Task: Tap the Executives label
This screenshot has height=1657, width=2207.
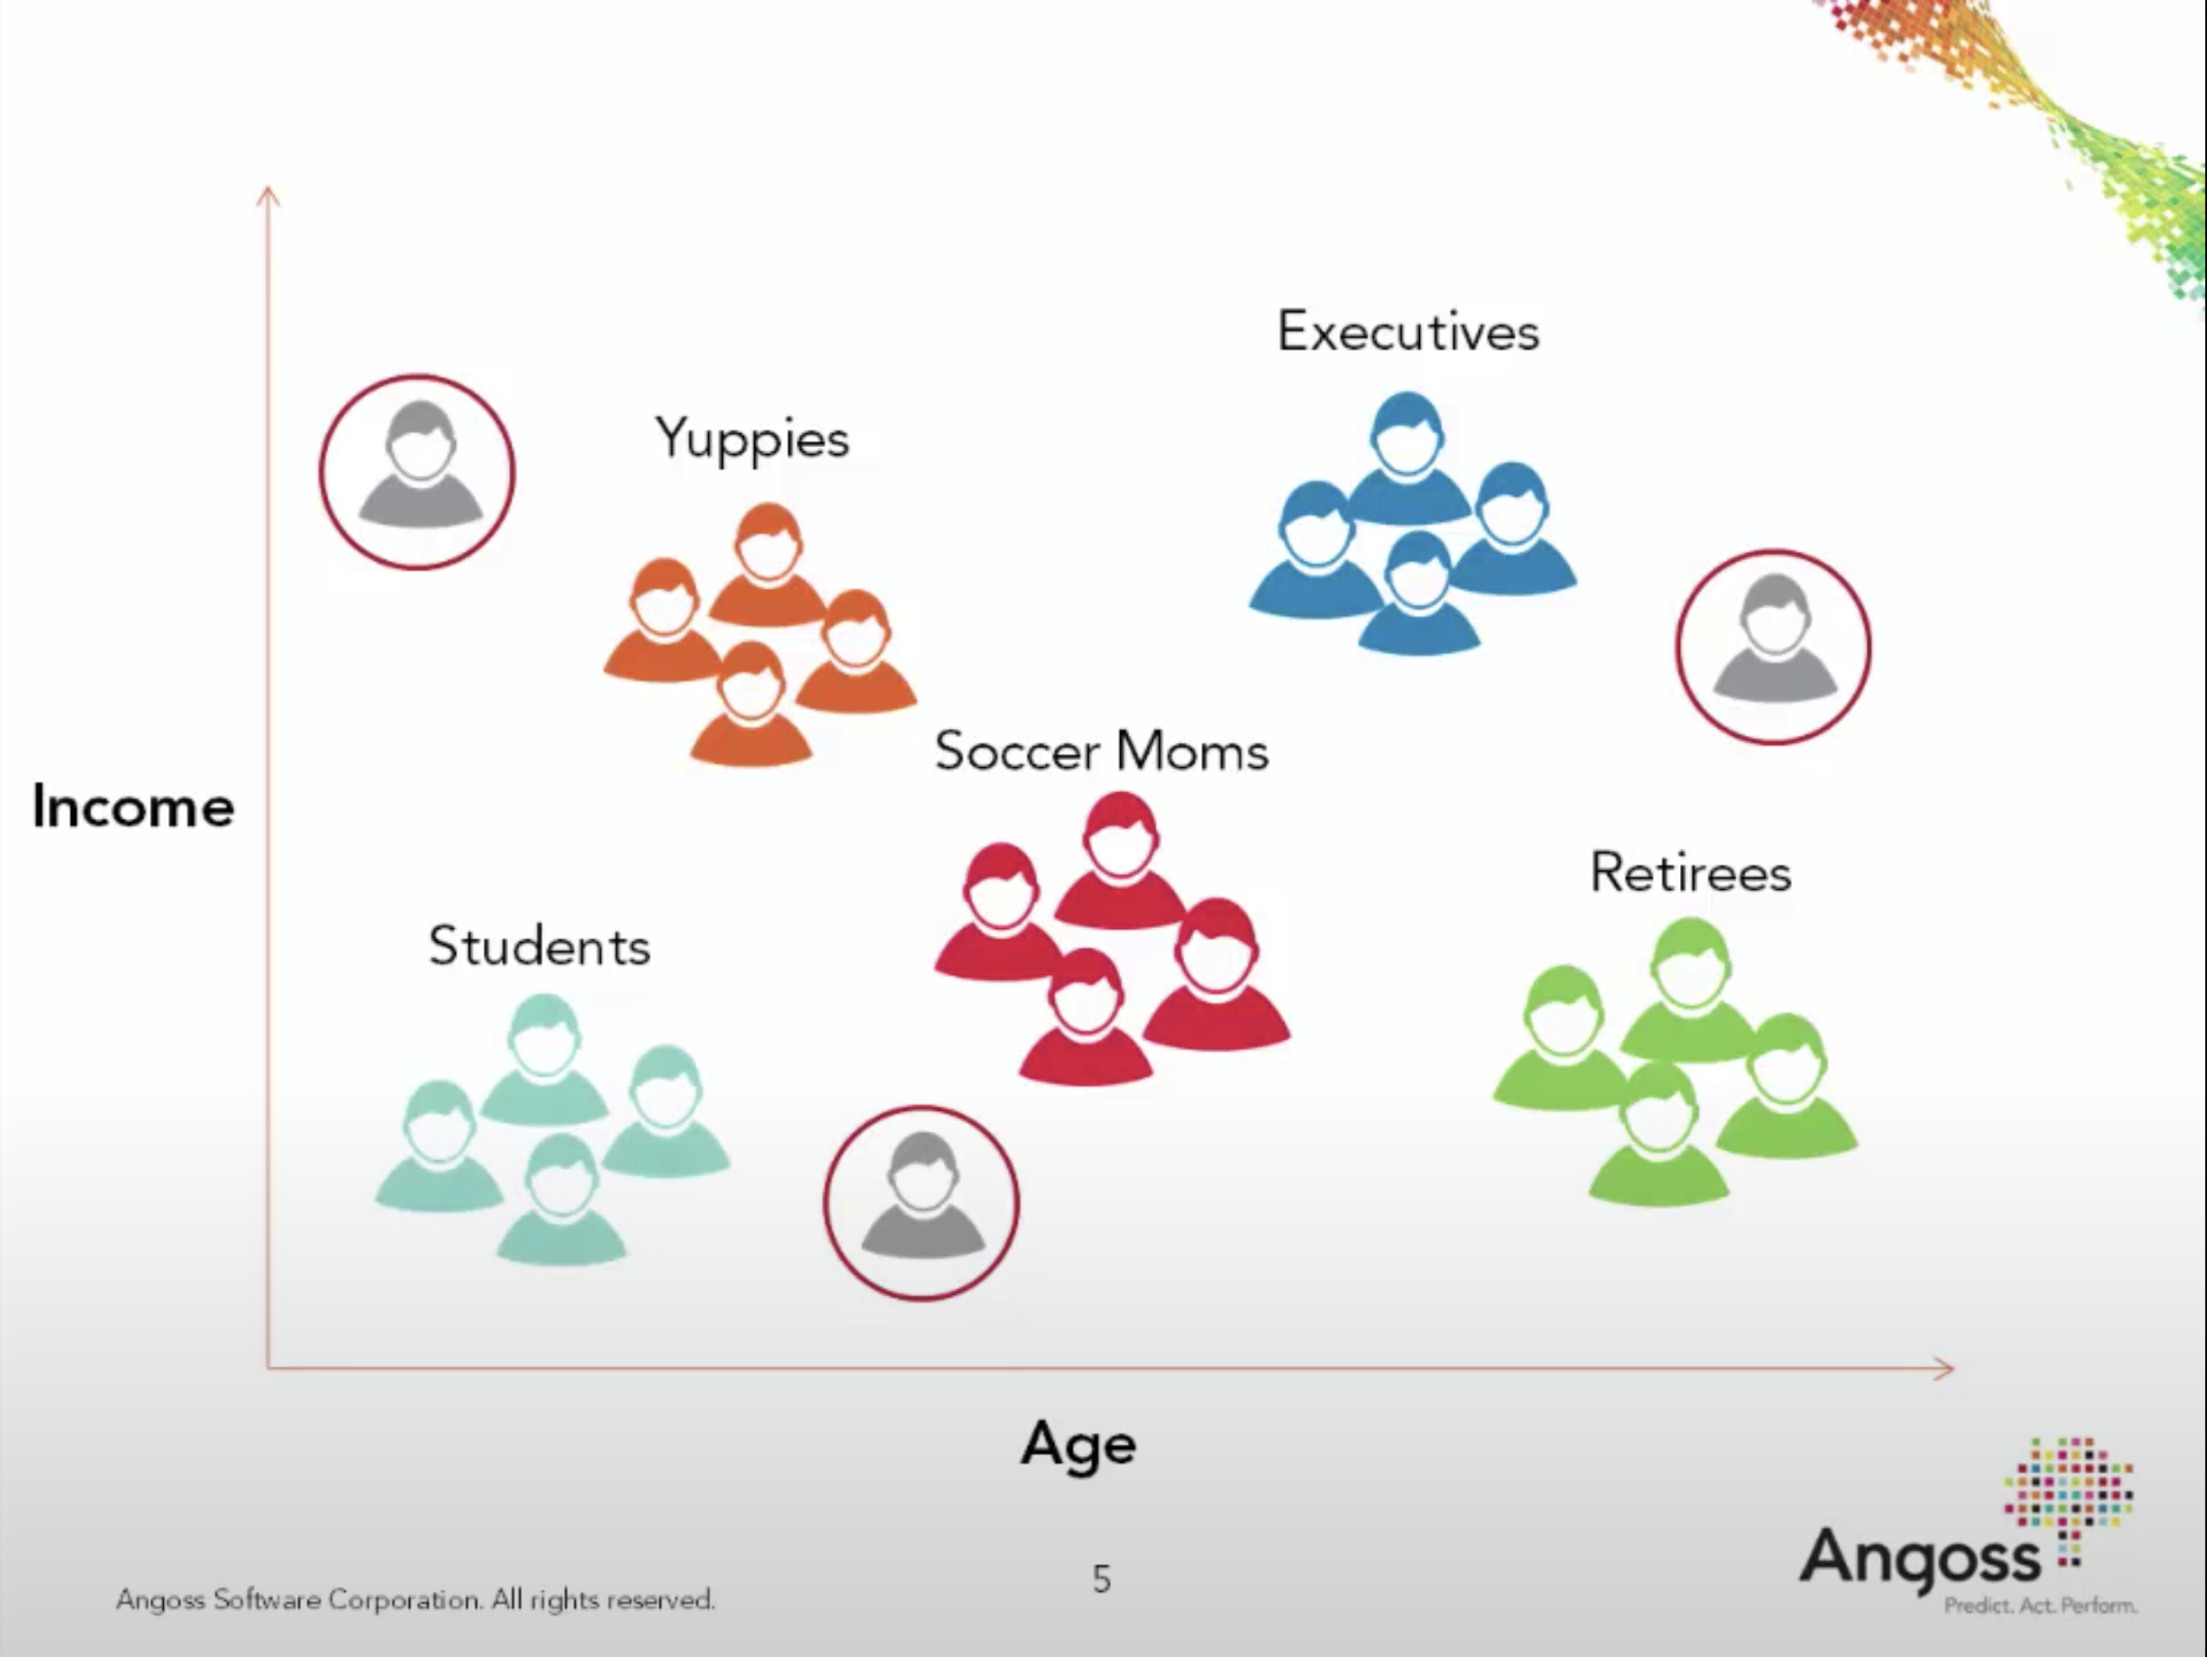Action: (x=1408, y=331)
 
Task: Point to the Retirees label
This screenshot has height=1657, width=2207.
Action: (x=1690, y=872)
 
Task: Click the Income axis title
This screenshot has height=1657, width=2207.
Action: (x=133, y=806)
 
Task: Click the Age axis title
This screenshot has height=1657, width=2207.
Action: (x=1077, y=1446)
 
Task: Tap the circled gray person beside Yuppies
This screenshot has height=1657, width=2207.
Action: (x=417, y=471)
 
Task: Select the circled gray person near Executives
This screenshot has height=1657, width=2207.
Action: (x=1773, y=647)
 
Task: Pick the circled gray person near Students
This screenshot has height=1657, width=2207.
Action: (x=921, y=1202)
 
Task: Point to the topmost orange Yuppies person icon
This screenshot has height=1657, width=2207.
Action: (x=767, y=565)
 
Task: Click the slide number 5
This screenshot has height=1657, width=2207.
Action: (x=1102, y=1579)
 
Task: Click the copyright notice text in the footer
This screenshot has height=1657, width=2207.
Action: (x=416, y=1600)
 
